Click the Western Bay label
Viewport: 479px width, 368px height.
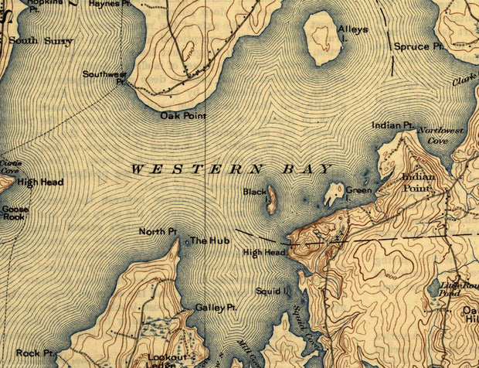pos(230,169)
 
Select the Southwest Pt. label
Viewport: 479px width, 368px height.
pos(104,77)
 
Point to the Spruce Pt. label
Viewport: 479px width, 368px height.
pos(420,46)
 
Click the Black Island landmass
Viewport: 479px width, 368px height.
pos(271,199)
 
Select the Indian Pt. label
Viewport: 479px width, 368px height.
pos(392,124)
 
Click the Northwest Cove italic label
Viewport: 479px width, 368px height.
pos(441,136)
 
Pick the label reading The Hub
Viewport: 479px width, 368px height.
pos(205,240)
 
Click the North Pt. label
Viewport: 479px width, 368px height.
pos(158,231)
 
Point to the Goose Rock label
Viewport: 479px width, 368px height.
pos(14,213)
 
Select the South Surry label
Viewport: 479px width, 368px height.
pos(42,41)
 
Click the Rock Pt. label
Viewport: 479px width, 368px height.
pos(36,353)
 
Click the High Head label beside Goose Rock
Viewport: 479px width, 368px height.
pos(40,182)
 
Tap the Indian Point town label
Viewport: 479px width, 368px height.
pos(419,182)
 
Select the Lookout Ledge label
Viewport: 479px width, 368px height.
pos(168,361)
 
